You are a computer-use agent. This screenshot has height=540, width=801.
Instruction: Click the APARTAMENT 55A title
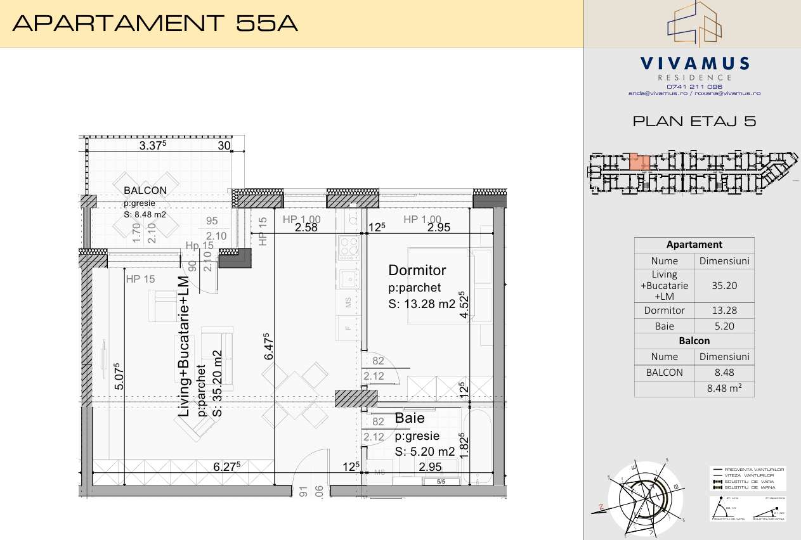coord(155,23)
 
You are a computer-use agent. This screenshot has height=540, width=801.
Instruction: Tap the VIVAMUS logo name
coord(694,63)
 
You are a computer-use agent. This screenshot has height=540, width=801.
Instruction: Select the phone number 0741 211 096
coord(694,86)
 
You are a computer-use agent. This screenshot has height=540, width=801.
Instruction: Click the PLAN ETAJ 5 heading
coord(694,122)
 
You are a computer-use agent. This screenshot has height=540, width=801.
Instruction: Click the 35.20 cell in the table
coord(724,286)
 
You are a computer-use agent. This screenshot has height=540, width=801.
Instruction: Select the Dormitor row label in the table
coord(664,311)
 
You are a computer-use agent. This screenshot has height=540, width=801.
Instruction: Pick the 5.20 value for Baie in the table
coord(724,327)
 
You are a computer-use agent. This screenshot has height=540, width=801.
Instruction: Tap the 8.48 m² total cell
coord(724,389)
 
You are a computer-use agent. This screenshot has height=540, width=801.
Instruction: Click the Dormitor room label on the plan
coord(417,271)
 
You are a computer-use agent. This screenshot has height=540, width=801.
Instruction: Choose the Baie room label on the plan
coord(410,419)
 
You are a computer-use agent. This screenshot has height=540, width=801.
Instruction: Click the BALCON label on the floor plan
coord(145,190)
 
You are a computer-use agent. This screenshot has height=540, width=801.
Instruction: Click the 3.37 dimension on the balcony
coord(152,146)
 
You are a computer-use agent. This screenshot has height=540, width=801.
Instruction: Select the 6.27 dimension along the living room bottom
coord(226,466)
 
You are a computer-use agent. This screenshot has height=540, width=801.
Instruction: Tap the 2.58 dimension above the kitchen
coord(307,228)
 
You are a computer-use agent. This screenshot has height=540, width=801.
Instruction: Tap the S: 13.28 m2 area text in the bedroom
coord(422,304)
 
